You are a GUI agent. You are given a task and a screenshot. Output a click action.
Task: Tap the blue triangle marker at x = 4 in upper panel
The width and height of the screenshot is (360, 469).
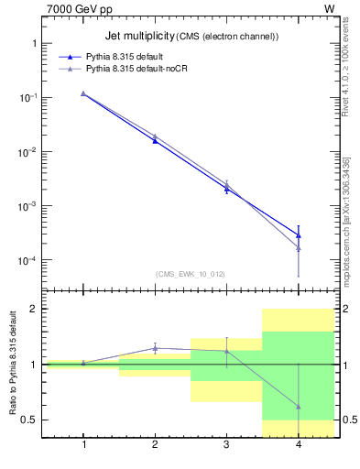(x=298, y=235)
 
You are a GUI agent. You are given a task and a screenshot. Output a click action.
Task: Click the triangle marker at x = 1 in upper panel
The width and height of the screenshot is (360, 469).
(x=83, y=93)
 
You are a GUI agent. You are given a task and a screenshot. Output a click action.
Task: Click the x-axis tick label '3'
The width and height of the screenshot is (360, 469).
(x=226, y=444)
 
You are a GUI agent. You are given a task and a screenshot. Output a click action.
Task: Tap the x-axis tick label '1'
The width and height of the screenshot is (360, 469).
(x=83, y=444)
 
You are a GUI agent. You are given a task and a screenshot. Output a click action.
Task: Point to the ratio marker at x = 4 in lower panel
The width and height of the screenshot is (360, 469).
(x=298, y=406)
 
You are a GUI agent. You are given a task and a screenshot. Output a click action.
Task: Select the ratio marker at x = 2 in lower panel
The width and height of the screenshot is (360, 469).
(x=155, y=348)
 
